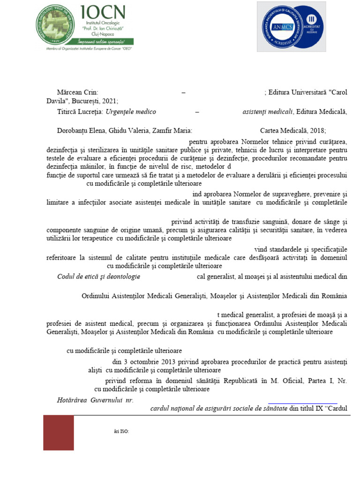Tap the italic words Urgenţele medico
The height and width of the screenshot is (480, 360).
click(x=131, y=112)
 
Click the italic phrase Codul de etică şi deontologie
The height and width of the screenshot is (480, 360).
click(x=98, y=277)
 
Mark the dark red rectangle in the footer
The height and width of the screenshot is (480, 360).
click(x=59, y=433)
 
